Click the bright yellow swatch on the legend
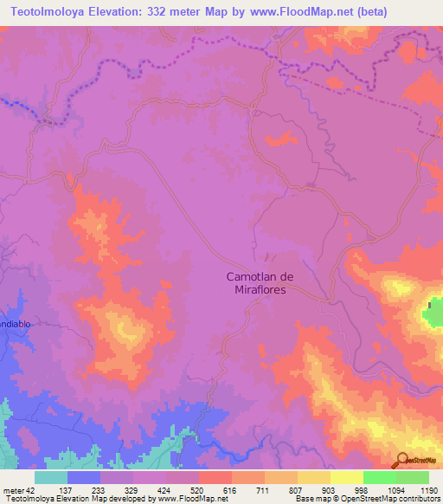[347, 477]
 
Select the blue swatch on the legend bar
[84, 477]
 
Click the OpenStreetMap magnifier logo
[403, 459]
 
